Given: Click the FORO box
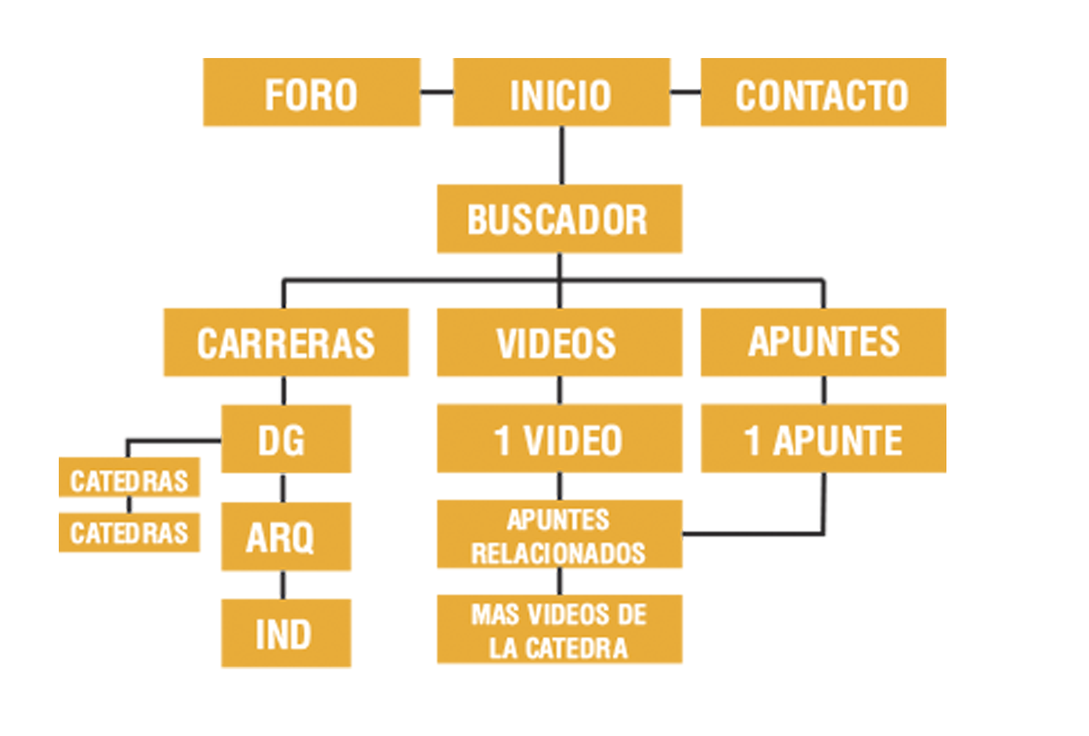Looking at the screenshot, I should click(312, 93).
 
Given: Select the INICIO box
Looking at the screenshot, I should click(561, 93).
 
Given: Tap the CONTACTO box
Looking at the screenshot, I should click(823, 93).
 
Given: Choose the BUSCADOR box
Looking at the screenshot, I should click(559, 219).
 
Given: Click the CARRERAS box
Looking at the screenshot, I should click(286, 342).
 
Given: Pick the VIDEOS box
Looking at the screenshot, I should click(559, 342).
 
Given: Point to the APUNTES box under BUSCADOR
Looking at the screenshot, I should click(823, 342).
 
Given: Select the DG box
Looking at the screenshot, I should click(286, 439).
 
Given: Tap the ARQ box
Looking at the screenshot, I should click(286, 536).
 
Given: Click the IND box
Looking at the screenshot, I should click(286, 633).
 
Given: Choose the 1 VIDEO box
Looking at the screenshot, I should click(559, 439).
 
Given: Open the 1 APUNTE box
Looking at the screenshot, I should click(823, 439).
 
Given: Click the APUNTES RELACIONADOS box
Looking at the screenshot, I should click(559, 535).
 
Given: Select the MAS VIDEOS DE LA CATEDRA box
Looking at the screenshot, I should click(559, 630).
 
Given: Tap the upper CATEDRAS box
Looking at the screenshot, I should click(129, 478).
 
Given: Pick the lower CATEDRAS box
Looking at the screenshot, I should click(129, 533).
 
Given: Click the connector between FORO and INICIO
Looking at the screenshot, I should click(436, 93).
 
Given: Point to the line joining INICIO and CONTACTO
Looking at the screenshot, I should click(685, 93).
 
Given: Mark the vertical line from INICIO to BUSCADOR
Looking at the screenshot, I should click(562, 156).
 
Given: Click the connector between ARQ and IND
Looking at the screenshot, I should click(284, 585).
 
